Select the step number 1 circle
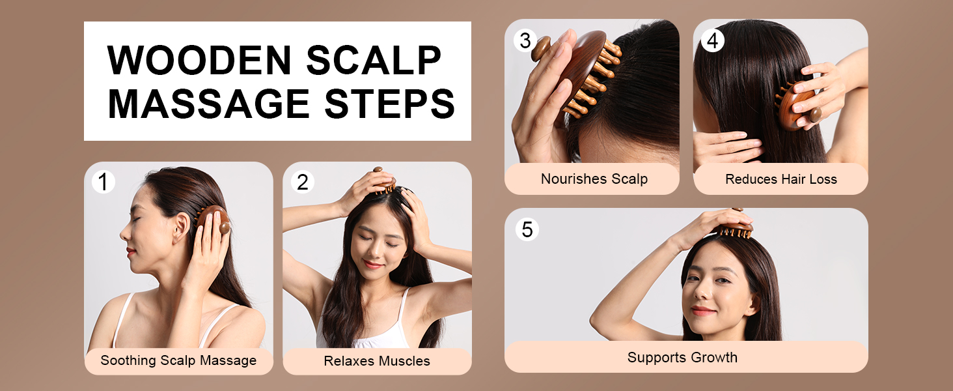click(x=103, y=182)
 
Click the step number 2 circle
click(x=302, y=182)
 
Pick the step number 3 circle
click(x=525, y=41)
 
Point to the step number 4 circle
click(x=713, y=41)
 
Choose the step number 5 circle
click(x=527, y=229)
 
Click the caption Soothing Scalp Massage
click(x=178, y=360)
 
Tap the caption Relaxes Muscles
click(x=377, y=360)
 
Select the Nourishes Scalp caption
click(x=594, y=179)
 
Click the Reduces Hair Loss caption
click(x=780, y=179)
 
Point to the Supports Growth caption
click(x=682, y=357)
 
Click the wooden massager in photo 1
click(x=214, y=222)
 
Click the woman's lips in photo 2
click(x=373, y=264)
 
